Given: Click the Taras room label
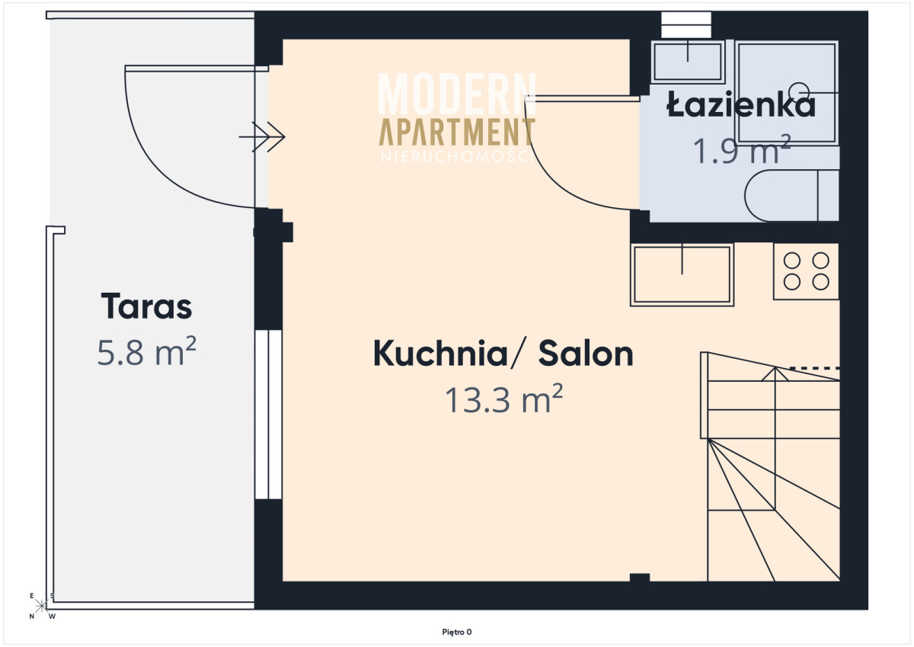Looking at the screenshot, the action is tap(146, 306).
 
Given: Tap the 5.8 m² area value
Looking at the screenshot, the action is tap(146, 351).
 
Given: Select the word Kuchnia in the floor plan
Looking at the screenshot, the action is tap(441, 354).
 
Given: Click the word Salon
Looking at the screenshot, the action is tap(586, 354).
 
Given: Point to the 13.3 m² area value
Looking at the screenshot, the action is tap(504, 399).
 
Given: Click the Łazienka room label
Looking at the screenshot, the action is tap(741, 104).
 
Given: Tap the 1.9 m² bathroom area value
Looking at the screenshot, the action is tap(742, 150).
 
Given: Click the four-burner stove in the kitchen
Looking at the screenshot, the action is tap(807, 271).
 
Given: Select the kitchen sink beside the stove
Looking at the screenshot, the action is tap(682, 274).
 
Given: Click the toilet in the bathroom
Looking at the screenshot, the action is tap(791, 196).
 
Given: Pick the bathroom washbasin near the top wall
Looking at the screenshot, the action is tap(688, 62).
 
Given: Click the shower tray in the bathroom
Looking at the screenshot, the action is tap(788, 93).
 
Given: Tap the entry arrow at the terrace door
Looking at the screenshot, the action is tap(262, 136).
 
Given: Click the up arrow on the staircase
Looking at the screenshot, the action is tap(775, 374).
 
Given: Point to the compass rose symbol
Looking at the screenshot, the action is tap(41, 606).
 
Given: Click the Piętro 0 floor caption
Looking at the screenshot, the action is tap(457, 632).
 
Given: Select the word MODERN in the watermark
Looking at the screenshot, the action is tap(457, 94).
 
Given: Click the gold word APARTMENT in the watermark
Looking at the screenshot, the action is tap(457, 132).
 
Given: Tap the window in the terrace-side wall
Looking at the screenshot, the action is tap(268, 415).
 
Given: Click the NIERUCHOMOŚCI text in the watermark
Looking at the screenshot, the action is tap(457, 157).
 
